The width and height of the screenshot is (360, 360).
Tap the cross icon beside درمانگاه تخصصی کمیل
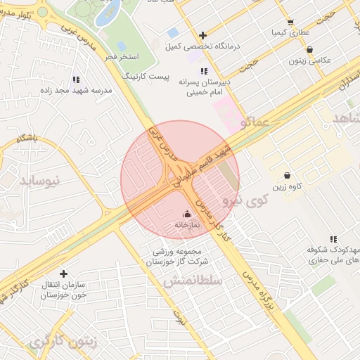(203, 35)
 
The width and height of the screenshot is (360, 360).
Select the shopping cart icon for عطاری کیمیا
(290, 22)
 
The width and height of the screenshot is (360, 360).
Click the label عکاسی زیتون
(309, 60)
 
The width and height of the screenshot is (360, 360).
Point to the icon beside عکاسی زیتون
(310, 49)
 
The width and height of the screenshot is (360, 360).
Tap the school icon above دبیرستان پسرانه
(204, 71)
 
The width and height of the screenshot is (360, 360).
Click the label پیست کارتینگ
(146, 75)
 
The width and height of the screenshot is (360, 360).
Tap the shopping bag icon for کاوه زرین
(287, 175)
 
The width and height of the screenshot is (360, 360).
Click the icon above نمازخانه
(187, 214)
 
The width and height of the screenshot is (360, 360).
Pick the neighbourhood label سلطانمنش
(193, 281)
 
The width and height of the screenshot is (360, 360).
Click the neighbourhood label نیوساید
(57, 181)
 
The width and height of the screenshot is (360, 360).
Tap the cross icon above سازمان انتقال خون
(63, 274)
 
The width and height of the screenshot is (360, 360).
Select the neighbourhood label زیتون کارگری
(65, 342)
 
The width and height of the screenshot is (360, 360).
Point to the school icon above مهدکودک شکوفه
(333, 239)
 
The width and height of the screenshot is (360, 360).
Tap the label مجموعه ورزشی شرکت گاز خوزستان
(178, 257)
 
